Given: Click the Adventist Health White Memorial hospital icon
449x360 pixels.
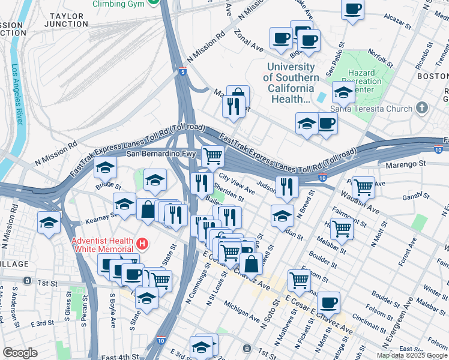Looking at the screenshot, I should tap(142, 244).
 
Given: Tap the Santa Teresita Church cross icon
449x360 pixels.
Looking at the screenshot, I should tap(423, 109).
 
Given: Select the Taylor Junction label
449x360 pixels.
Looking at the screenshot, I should tap(67, 20).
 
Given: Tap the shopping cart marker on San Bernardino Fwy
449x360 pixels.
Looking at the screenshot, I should tap(213, 156).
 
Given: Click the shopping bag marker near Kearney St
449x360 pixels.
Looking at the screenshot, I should tap(148, 210).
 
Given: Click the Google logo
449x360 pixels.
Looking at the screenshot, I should tap(20, 353).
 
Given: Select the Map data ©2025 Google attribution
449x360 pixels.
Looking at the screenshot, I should tap(411, 355).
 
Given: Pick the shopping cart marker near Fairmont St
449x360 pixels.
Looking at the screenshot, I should tap(342, 228).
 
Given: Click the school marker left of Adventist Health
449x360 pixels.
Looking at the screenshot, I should tap(49, 223).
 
